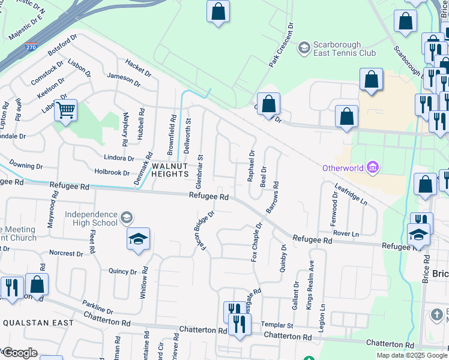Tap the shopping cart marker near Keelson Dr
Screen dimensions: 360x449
(x=65, y=110)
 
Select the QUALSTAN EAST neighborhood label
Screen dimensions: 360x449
(x=38, y=323)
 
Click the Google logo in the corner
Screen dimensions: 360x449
(x=19, y=352)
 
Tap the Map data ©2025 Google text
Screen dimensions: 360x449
(x=412, y=355)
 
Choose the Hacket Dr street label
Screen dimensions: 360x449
(x=138, y=68)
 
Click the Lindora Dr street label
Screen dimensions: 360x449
(x=119, y=158)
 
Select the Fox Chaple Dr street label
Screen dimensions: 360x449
(x=256, y=242)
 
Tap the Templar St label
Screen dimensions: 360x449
(x=277, y=325)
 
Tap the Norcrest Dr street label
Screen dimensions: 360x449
(x=67, y=253)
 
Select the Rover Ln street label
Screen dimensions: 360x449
(x=346, y=233)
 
